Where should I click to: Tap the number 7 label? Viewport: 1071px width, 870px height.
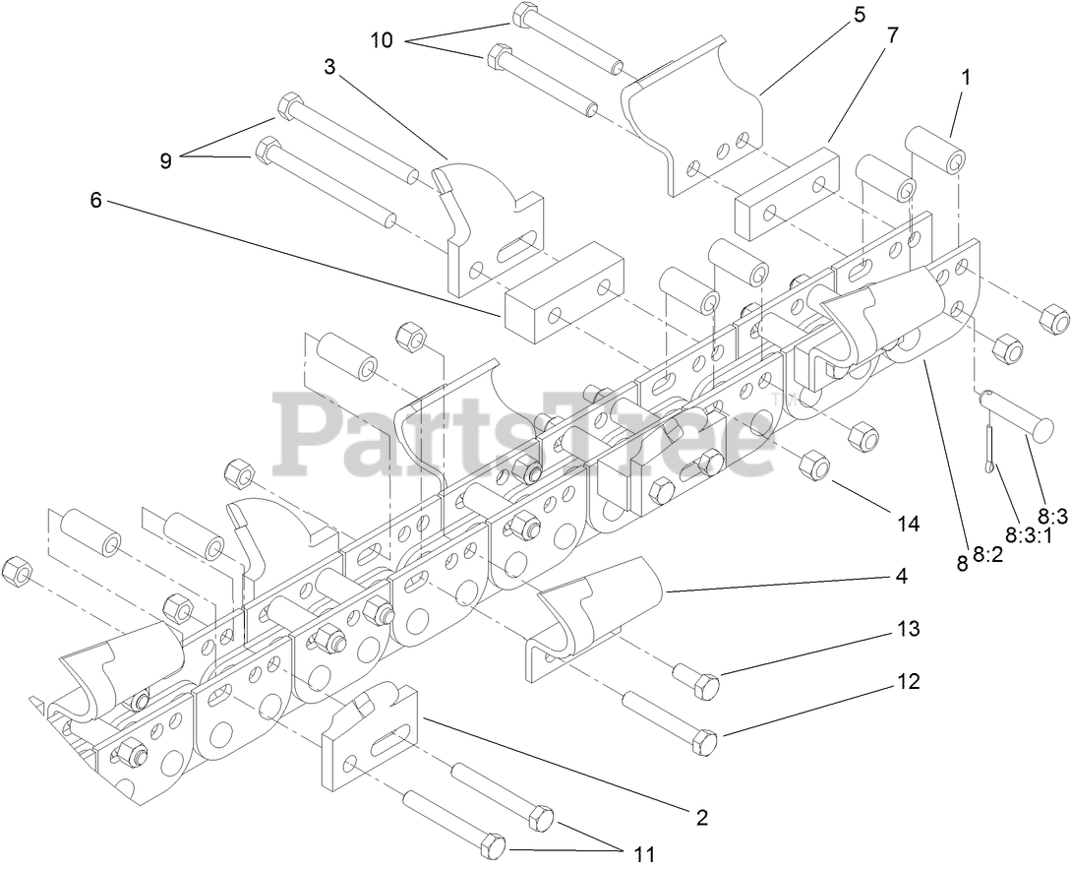pyautogui.click(x=891, y=34)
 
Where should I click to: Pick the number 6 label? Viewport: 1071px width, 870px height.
pyautogui.click(x=94, y=200)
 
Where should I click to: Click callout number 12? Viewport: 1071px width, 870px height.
pyautogui.click(x=908, y=680)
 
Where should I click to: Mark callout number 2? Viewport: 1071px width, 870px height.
pyautogui.click(x=701, y=816)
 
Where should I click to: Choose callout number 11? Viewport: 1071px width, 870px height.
pyautogui.click(x=643, y=852)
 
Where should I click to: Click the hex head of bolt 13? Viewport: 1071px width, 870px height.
pyautogui.click(x=706, y=686)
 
